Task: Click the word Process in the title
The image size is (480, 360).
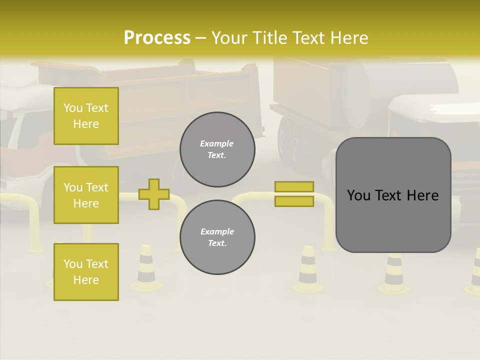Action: [x=157, y=38]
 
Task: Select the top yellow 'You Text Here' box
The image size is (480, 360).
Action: [x=86, y=116]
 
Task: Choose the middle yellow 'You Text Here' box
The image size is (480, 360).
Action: [x=86, y=195]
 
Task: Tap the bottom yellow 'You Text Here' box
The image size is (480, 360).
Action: [x=86, y=271]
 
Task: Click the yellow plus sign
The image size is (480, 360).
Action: [x=154, y=194]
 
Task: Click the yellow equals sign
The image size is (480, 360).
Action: [x=294, y=194]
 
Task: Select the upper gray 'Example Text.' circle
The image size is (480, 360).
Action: [x=217, y=149]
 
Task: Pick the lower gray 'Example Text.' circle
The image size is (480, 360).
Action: [x=217, y=237]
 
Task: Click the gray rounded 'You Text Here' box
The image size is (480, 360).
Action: [x=393, y=195]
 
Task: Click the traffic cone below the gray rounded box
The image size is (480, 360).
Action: [x=394, y=274]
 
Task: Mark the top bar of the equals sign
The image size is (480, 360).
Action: [x=294, y=187]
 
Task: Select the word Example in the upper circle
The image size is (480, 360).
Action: [x=217, y=143]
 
